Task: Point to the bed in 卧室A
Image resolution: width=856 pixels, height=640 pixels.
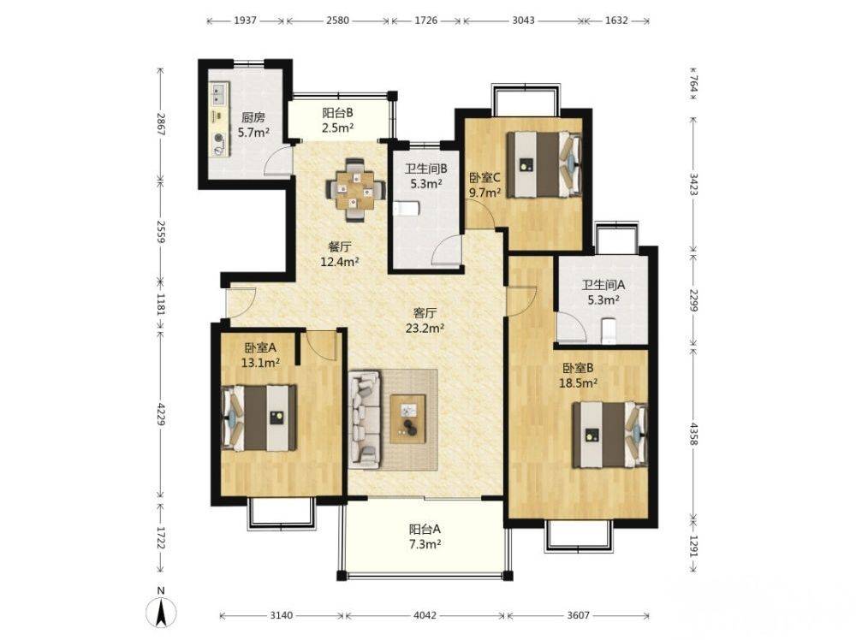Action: coord(259,418)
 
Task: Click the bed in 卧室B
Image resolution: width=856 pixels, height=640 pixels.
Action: coord(609,435)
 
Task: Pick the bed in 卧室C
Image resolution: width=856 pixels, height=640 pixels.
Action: coord(544,163)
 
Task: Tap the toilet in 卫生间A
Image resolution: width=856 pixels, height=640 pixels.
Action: coord(609,331)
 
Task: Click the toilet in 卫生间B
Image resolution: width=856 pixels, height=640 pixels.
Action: coord(406,209)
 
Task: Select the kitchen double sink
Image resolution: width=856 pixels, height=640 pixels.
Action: coord(220,94)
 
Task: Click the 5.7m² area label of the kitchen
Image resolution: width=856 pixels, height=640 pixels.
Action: coord(253,132)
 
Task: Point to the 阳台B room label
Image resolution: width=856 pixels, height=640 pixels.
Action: coord(337,113)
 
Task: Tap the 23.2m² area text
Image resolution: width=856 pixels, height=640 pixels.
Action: coord(425,328)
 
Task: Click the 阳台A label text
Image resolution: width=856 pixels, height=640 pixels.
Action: coord(425,529)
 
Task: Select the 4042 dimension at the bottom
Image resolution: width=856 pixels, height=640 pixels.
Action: coord(425,615)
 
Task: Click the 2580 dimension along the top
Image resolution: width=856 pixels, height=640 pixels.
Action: coord(337,21)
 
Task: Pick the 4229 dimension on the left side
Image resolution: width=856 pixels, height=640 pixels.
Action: coord(160,415)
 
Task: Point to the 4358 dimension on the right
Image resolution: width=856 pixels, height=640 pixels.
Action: coord(693,434)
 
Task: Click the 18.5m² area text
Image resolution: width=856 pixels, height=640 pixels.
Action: coord(578,383)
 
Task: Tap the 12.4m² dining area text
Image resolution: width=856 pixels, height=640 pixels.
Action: coord(340,261)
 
